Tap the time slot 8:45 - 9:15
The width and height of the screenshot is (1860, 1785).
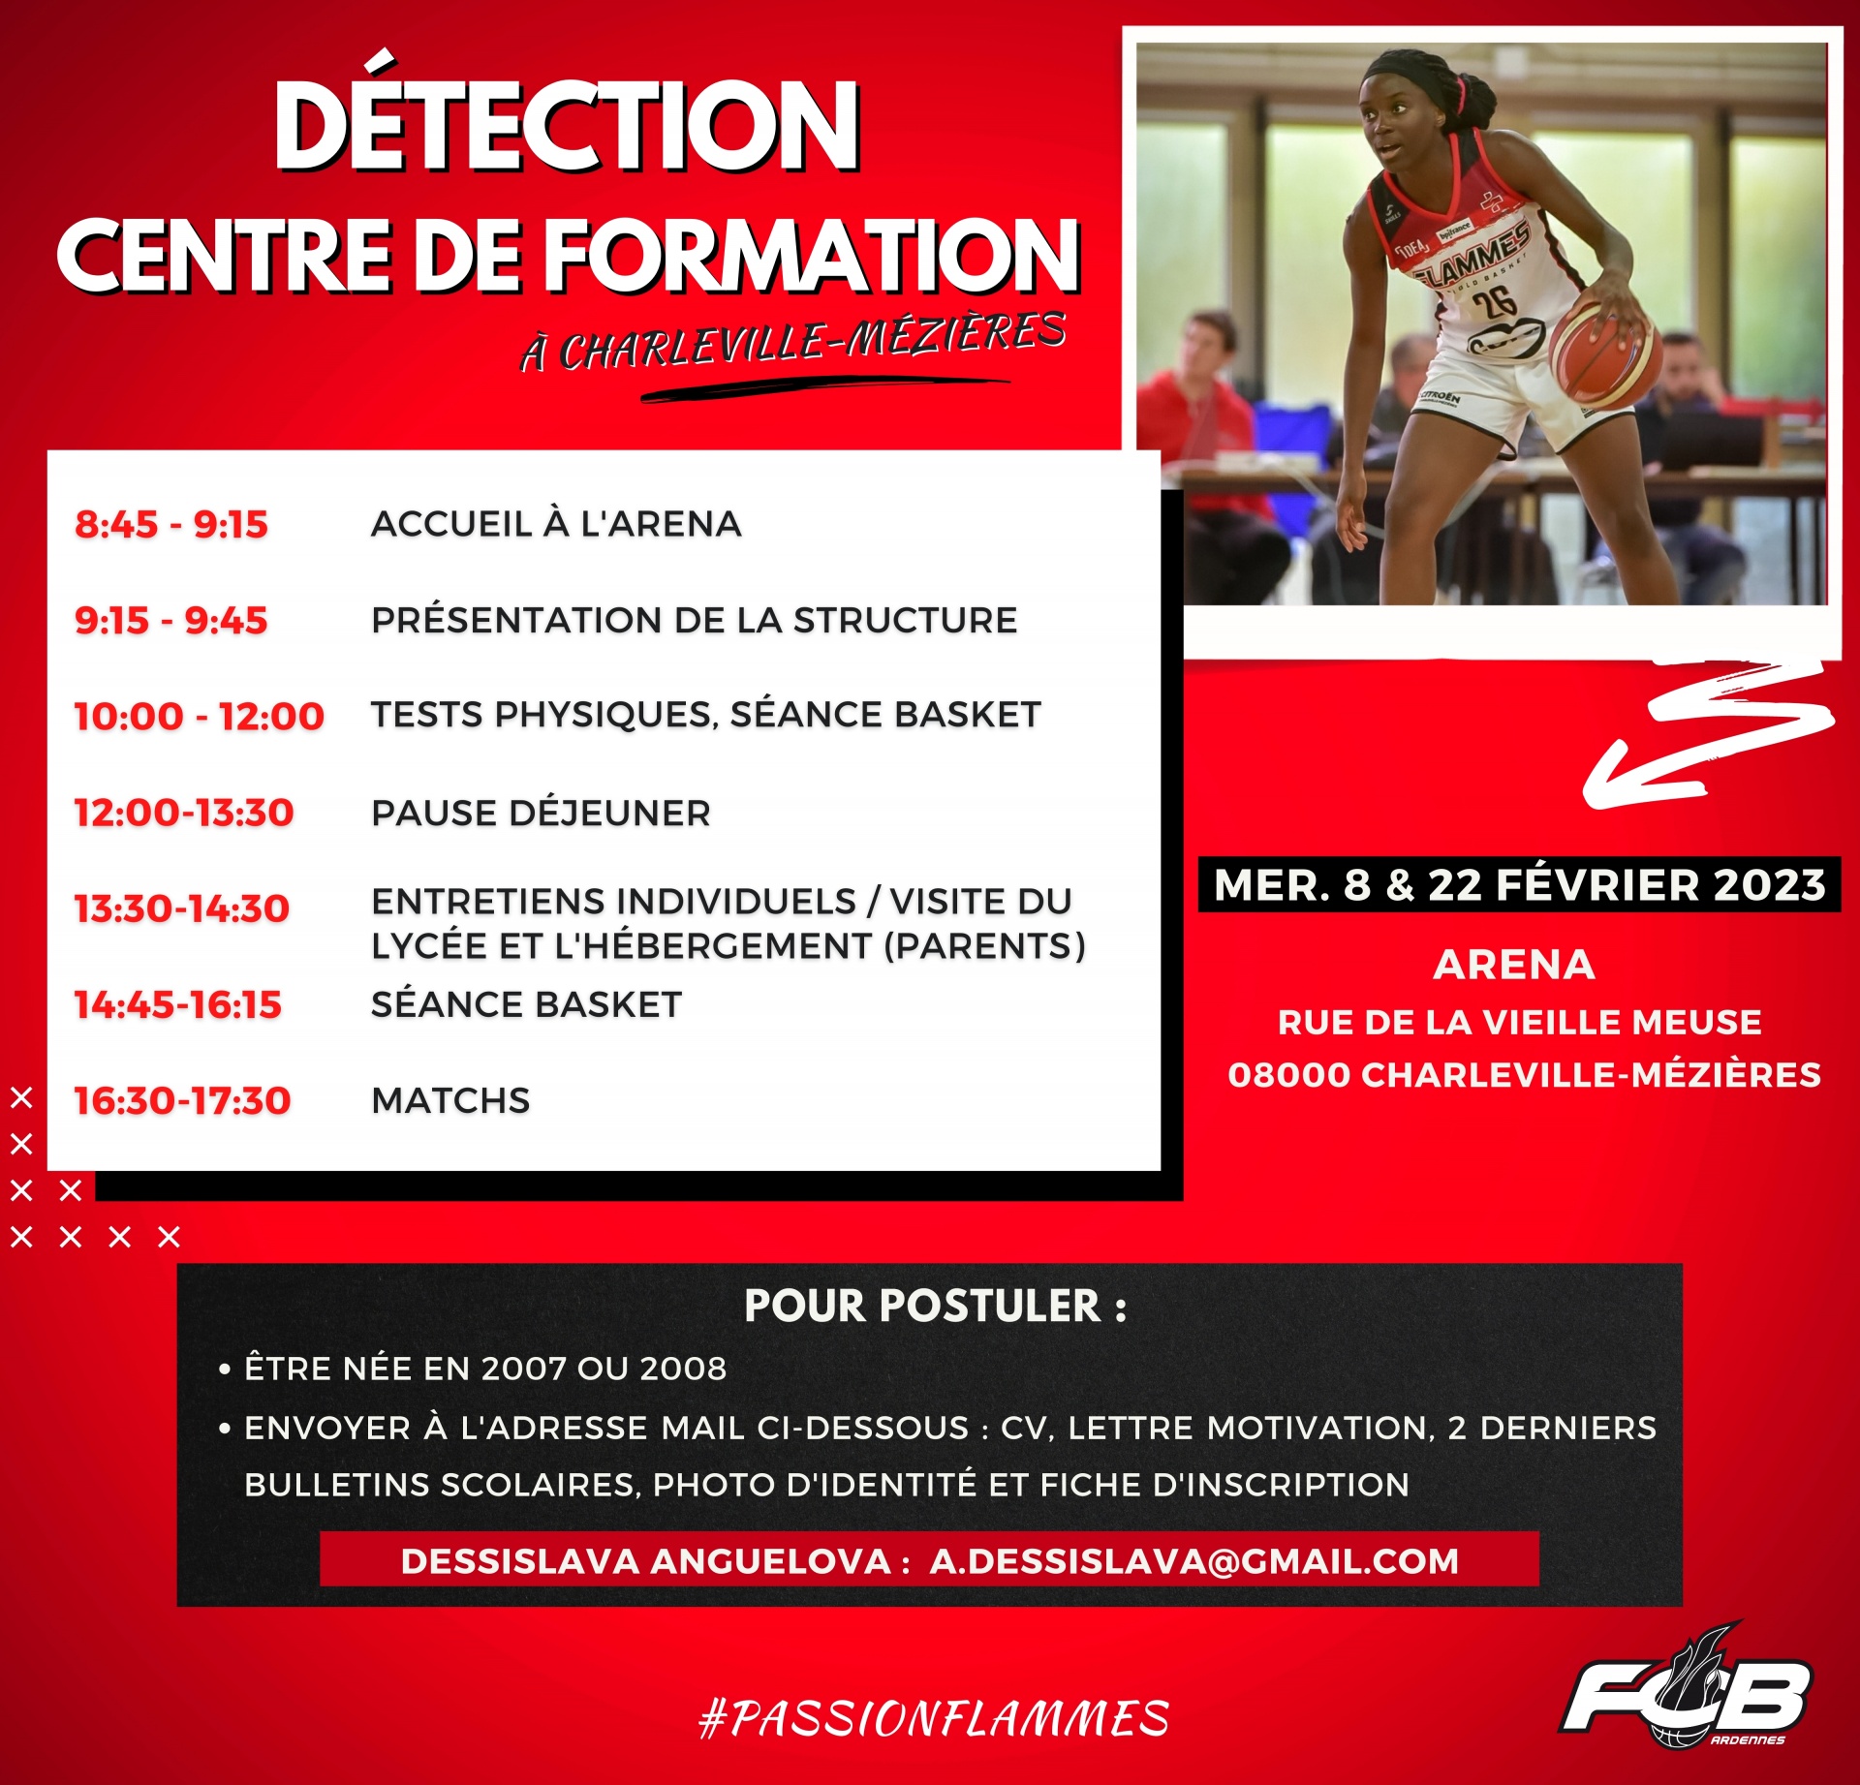171,524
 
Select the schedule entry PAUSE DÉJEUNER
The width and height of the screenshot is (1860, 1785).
541,813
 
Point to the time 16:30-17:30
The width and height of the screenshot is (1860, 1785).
182,1100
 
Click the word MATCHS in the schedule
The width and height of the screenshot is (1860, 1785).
450,1100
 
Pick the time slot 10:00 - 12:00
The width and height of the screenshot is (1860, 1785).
200,716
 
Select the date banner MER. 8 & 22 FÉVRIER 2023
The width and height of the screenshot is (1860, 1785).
1519,884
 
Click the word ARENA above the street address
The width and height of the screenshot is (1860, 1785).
1514,965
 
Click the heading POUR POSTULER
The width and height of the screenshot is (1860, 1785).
935,1306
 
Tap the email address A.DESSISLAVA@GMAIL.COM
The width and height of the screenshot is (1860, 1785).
1193,1561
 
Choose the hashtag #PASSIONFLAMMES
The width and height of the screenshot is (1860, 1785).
934,1718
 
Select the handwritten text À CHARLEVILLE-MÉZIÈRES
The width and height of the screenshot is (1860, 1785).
793,341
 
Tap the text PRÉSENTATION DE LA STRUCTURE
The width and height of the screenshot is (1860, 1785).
694,620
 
